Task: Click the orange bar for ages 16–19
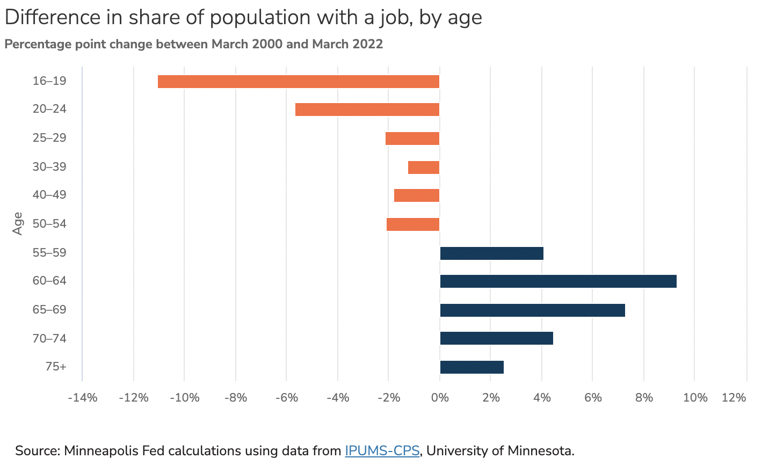(x=299, y=82)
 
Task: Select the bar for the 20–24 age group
(x=367, y=110)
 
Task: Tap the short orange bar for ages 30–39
(x=424, y=168)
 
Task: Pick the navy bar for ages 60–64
(x=558, y=281)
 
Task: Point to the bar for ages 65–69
(x=532, y=310)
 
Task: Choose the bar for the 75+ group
(x=471, y=367)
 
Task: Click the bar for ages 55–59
(x=491, y=253)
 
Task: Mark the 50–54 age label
(x=49, y=224)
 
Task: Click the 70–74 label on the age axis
(x=49, y=338)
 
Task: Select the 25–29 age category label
(x=49, y=138)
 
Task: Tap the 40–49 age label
(x=49, y=195)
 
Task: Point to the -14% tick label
(x=82, y=398)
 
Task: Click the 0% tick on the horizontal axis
(x=440, y=398)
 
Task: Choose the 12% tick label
(x=734, y=398)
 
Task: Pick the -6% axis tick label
(x=286, y=398)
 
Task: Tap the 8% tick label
(x=644, y=398)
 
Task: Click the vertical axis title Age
(x=18, y=223)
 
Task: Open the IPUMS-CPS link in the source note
(x=382, y=450)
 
